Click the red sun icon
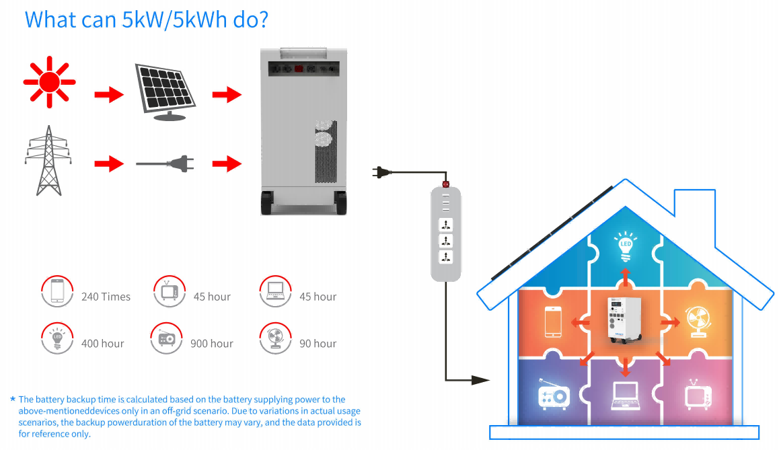click(49, 82)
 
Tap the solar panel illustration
click(165, 90)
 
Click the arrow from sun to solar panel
click(109, 94)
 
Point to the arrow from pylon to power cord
click(109, 163)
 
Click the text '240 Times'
click(106, 297)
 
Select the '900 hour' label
click(212, 344)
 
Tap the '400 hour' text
click(103, 344)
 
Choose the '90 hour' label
click(318, 344)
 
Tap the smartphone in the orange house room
click(553, 322)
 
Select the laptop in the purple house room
click(625, 397)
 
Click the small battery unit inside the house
click(625, 322)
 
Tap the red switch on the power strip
click(445, 183)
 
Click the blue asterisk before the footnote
click(13, 400)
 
